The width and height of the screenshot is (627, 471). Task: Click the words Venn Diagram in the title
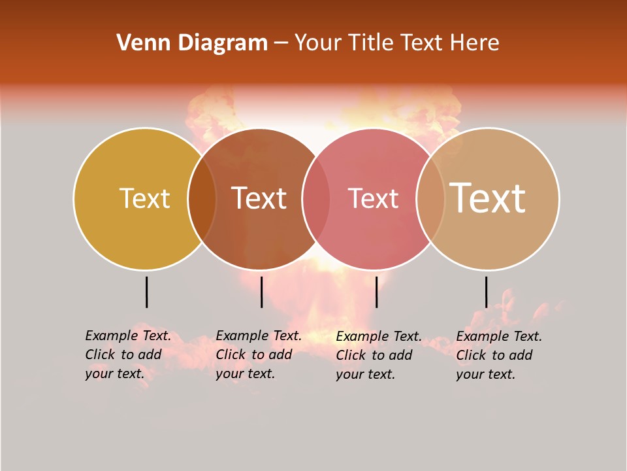coord(192,43)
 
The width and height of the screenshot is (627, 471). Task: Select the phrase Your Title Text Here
coord(396,43)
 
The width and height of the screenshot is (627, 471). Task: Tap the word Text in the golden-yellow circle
coord(144,198)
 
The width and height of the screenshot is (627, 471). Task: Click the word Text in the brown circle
coord(259,198)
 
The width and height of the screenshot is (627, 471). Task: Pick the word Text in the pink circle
coord(373,198)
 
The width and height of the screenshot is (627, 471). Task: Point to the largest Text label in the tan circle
coord(488,198)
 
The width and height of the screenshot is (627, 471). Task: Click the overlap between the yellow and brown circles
coord(202,199)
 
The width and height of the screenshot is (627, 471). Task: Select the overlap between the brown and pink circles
coord(316,199)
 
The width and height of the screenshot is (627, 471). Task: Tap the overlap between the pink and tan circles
coord(430,199)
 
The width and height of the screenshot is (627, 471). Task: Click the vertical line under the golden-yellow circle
coord(146,292)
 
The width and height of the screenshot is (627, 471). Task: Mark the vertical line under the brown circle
coord(261,292)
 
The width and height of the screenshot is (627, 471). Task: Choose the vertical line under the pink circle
coord(376,292)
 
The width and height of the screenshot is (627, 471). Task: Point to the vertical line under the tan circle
coord(486,292)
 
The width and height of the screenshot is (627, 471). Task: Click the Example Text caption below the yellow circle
coord(128,355)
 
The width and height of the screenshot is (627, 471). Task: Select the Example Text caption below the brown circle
coord(259,355)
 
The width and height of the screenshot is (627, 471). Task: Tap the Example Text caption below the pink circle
coord(379,355)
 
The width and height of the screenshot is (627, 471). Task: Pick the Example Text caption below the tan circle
coord(499,355)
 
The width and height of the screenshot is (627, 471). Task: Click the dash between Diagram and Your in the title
coord(281,43)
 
